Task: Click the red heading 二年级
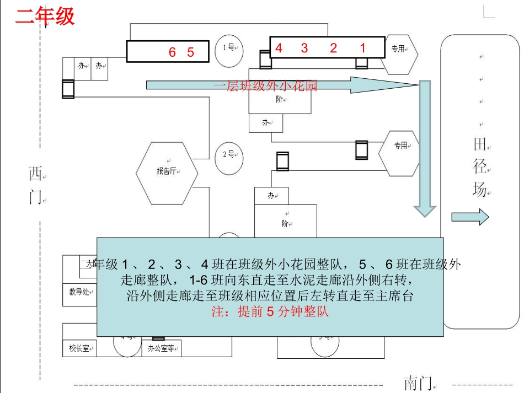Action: coord(45,16)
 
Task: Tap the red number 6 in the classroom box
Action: coord(172,52)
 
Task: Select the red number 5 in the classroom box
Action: coord(191,52)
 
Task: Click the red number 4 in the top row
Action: coord(279,48)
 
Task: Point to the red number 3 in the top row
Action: coord(304,48)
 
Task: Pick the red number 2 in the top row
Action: coord(333,48)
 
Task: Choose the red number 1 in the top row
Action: coord(362,48)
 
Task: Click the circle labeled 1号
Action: coord(228,48)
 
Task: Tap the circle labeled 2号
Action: coord(228,154)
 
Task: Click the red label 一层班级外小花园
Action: coord(265,85)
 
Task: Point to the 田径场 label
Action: coord(479,167)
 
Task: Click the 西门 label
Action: coord(36,185)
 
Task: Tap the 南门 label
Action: coord(418,382)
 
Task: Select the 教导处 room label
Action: coord(79,292)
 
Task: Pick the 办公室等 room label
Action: coord(162,348)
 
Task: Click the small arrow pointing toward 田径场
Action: coord(470,217)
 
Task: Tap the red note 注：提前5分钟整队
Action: coord(270,311)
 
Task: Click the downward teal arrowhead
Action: coord(425,210)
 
